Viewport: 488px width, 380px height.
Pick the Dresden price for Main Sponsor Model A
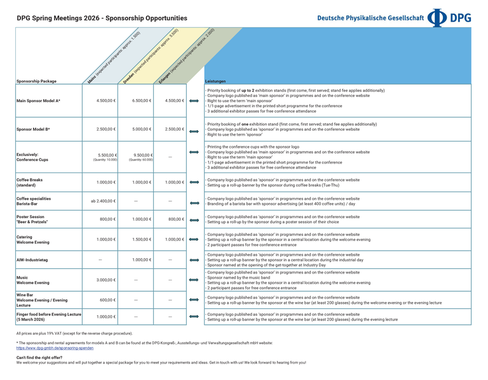point(142,101)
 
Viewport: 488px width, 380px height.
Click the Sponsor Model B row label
point(33,129)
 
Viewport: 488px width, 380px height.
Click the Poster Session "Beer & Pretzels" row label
point(32,219)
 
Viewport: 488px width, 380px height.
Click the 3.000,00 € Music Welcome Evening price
point(105,280)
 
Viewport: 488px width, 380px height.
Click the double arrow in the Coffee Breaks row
point(194,183)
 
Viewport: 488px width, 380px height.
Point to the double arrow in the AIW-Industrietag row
point(194,260)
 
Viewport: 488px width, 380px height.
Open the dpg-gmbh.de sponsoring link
point(55,348)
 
